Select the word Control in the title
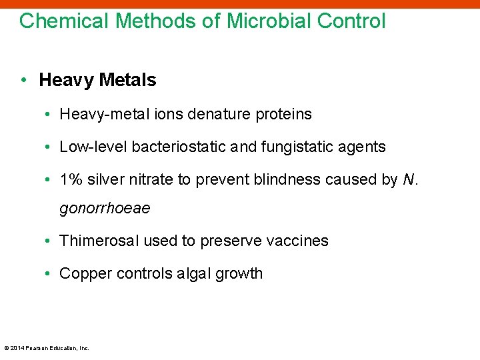point(351,21)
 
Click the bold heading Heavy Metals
point(97,80)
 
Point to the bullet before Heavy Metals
point(23,80)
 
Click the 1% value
point(69,179)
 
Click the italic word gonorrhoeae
point(105,209)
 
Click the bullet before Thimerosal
point(51,241)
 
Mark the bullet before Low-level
point(51,147)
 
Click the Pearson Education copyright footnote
point(47,347)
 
